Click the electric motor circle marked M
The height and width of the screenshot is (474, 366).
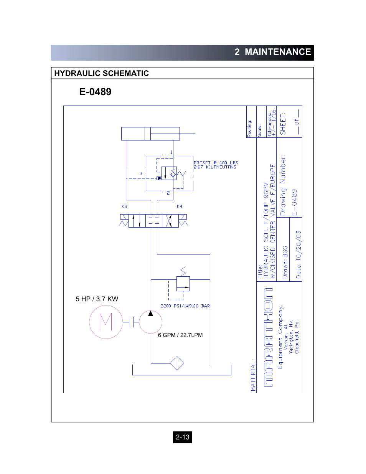coord(106,322)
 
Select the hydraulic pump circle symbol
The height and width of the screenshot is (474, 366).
coord(150,322)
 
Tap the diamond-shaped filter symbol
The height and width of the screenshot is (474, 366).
coord(177,363)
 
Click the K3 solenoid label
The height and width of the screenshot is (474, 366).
coord(124,206)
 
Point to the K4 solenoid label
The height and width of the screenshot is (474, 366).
coord(179,206)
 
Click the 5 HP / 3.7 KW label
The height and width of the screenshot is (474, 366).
coord(97,299)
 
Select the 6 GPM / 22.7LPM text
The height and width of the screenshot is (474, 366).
coord(180,335)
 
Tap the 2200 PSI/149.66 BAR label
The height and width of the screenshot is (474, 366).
coord(185,306)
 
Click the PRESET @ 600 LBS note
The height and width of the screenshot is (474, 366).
coord(216,163)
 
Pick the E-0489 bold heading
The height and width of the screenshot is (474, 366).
coord(95,92)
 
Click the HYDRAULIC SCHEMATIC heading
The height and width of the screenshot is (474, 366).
coord(101,73)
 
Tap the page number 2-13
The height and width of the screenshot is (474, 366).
coord(182,437)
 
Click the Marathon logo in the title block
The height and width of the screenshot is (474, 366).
coord(268,337)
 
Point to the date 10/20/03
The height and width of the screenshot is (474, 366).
coord(298,254)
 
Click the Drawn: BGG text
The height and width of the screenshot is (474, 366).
coord(285,262)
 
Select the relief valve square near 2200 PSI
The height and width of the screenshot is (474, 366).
coord(183,283)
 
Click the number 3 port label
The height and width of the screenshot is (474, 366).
coord(141,173)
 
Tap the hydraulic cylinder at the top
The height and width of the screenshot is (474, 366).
coord(150,134)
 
